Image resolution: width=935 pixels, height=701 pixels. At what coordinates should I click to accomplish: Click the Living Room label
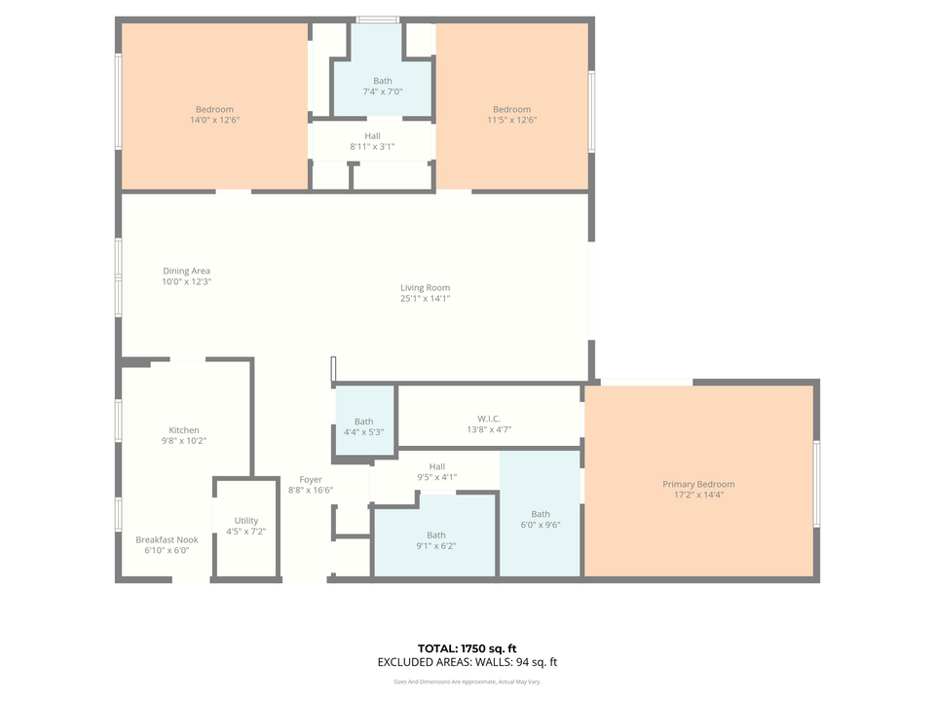pyautogui.click(x=425, y=287)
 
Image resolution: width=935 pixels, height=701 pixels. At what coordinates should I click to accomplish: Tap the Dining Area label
pyautogui.click(x=186, y=271)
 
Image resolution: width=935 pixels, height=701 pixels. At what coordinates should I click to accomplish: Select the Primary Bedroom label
pyautogui.click(x=698, y=484)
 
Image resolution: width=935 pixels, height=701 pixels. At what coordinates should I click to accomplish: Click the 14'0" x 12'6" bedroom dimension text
pyautogui.click(x=214, y=121)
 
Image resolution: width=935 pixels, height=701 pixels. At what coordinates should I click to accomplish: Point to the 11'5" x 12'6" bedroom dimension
pyautogui.click(x=511, y=121)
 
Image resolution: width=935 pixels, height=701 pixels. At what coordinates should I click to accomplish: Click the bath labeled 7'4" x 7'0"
pyautogui.click(x=382, y=86)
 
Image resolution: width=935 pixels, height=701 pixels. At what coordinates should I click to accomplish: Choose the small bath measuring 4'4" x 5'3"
pyautogui.click(x=363, y=426)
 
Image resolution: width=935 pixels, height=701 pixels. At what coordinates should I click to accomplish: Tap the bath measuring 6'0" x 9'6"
pyautogui.click(x=540, y=519)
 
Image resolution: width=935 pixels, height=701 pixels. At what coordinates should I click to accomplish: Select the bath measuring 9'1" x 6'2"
pyautogui.click(x=435, y=539)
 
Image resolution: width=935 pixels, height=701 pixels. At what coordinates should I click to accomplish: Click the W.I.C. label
pyautogui.click(x=489, y=419)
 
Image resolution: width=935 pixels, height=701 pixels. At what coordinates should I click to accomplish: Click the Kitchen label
pyautogui.click(x=184, y=429)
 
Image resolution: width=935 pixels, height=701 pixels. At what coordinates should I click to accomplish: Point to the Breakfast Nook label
pyautogui.click(x=167, y=539)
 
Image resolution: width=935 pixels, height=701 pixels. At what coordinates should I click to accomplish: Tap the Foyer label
pyautogui.click(x=310, y=479)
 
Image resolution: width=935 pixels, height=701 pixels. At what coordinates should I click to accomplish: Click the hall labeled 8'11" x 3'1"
pyautogui.click(x=372, y=141)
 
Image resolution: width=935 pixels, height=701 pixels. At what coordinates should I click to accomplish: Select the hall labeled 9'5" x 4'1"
pyautogui.click(x=436, y=471)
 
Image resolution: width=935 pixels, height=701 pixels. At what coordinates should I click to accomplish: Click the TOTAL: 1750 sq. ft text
pyautogui.click(x=467, y=647)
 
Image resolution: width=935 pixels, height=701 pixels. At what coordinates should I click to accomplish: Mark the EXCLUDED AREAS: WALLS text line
pyautogui.click(x=467, y=662)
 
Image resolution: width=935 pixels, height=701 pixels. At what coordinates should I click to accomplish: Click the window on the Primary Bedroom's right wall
pyautogui.click(x=816, y=484)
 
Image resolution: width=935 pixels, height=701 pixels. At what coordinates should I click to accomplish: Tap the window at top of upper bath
pyautogui.click(x=377, y=19)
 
